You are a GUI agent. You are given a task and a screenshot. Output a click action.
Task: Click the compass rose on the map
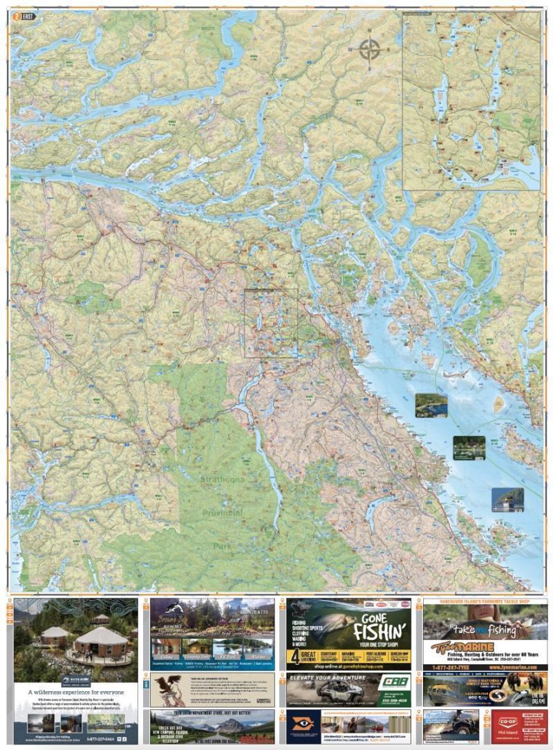click(371, 50)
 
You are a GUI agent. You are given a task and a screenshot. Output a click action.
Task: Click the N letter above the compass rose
click(371, 32)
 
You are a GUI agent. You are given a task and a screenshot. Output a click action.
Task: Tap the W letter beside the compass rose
click(350, 50)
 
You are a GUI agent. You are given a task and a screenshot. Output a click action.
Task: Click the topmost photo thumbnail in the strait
click(431, 405)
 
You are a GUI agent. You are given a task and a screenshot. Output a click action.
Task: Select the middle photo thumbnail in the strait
click(469, 447)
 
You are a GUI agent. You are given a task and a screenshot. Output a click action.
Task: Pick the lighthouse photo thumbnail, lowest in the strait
click(507, 499)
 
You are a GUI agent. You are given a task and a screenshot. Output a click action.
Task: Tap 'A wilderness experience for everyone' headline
click(75, 691)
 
